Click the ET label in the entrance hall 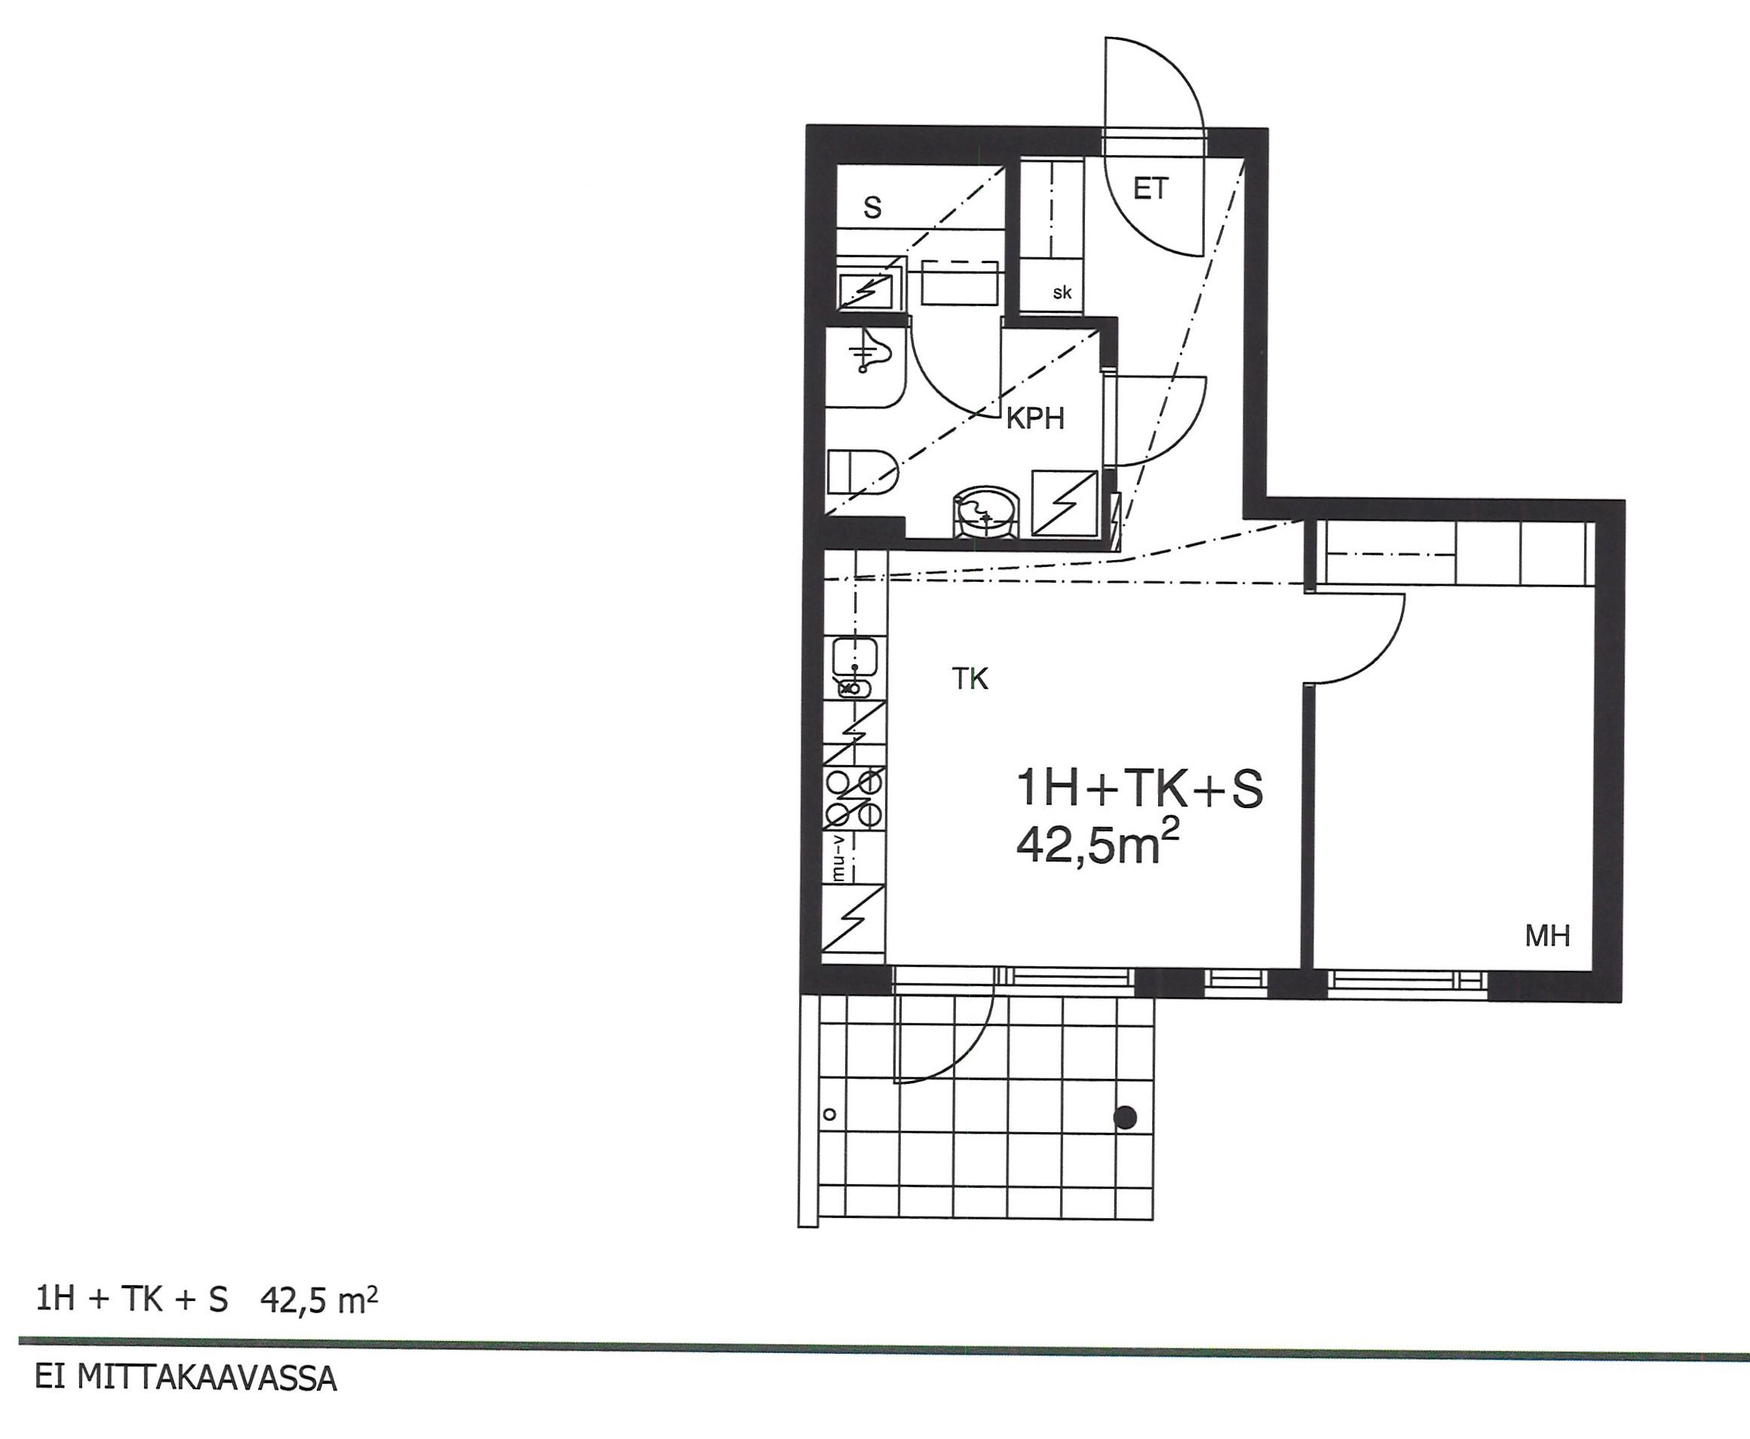click(x=1150, y=190)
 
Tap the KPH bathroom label click(x=1034, y=418)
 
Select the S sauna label click(x=872, y=207)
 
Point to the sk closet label click(x=1062, y=292)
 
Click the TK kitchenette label click(x=970, y=679)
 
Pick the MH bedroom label click(x=1548, y=936)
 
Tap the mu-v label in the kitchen click(x=838, y=858)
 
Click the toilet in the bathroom click(x=862, y=473)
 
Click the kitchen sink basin click(x=854, y=658)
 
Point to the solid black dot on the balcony click(x=1125, y=1118)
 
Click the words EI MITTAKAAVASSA click(x=185, y=1379)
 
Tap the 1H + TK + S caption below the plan click(x=132, y=1300)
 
